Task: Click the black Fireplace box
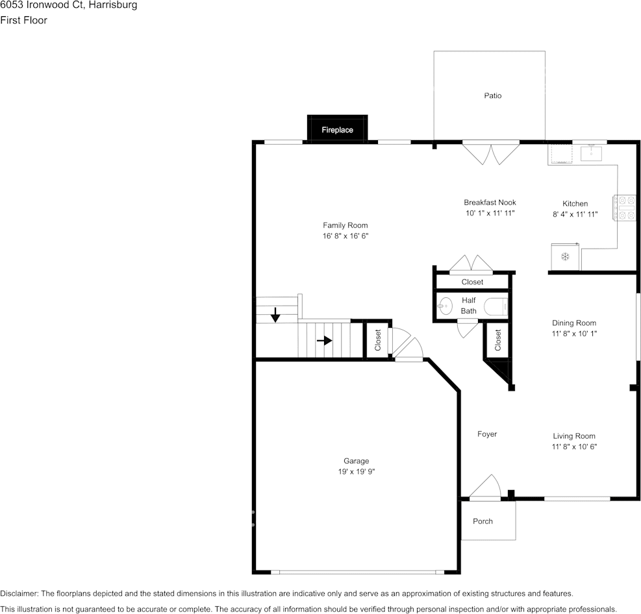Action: (337, 129)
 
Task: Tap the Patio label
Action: (492, 95)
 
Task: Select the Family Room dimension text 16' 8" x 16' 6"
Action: (345, 237)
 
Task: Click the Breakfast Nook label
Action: (490, 203)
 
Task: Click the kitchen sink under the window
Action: (592, 153)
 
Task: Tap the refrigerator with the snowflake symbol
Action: (564, 256)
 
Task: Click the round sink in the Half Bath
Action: (446, 306)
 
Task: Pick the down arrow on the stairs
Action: (275, 315)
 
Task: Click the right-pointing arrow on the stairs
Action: (324, 340)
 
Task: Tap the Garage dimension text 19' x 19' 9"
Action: (356, 472)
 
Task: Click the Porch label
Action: (483, 521)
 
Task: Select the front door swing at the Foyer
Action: (485, 488)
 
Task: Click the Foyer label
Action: (487, 434)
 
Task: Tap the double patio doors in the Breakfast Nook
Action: (491, 153)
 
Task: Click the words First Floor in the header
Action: (23, 20)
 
